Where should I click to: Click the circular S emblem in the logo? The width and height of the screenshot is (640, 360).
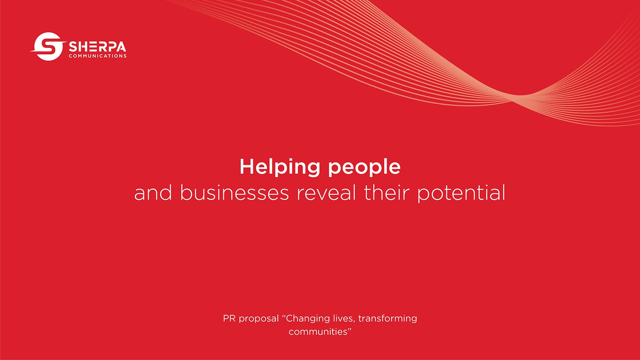[48, 46]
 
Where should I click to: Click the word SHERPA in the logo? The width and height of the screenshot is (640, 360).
[98, 47]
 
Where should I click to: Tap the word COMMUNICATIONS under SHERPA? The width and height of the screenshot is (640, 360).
[98, 56]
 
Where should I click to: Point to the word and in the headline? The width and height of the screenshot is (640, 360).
[153, 193]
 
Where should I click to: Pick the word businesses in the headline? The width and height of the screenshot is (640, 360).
[234, 193]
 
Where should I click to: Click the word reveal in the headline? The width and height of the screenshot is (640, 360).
[326, 193]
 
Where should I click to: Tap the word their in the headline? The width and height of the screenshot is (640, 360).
[387, 193]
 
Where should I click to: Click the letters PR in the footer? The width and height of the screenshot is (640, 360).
[229, 318]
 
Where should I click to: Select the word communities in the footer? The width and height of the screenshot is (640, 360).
[317, 332]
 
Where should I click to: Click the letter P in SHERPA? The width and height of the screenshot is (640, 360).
[111, 47]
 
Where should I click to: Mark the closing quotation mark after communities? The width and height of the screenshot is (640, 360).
[349, 329]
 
